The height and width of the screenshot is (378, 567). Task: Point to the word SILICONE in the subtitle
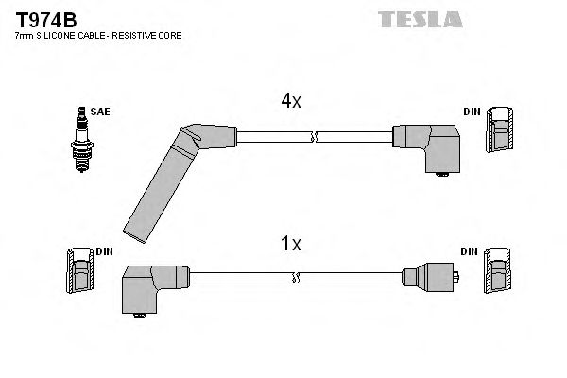[x=60, y=35]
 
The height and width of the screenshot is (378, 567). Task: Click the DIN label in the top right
[x=471, y=112]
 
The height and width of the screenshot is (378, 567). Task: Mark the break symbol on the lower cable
[x=297, y=277]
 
